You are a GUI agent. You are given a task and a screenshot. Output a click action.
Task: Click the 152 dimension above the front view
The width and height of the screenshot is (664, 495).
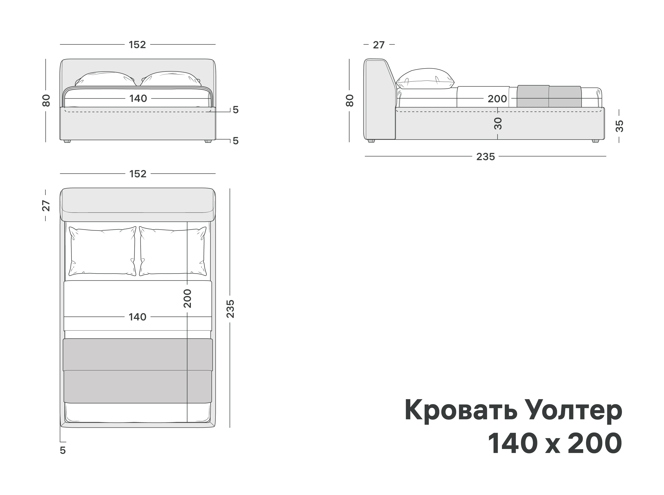[137, 45]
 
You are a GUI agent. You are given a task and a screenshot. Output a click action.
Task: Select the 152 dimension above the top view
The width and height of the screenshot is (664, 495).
[138, 174]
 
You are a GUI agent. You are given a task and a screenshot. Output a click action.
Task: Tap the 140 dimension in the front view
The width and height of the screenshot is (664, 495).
[138, 98]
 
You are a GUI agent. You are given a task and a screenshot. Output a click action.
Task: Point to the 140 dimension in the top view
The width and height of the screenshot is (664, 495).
[137, 317]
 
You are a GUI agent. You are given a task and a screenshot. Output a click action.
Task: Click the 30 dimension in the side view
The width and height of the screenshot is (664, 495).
[498, 123]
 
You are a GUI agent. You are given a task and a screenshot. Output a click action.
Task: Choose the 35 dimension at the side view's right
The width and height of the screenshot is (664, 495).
[619, 126]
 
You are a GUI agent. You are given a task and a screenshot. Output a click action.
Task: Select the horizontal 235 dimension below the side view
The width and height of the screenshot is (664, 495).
[486, 156]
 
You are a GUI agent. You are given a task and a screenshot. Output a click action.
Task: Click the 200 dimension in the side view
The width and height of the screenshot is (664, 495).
[497, 99]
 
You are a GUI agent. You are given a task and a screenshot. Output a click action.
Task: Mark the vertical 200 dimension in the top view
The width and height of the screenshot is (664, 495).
[187, 298]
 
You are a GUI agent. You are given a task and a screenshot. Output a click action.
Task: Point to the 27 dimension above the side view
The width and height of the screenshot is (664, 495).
[379, 45]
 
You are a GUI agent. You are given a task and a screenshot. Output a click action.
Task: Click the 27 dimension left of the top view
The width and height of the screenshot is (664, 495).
[46, 206]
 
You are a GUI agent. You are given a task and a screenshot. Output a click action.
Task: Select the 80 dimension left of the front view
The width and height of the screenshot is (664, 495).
[46, 100]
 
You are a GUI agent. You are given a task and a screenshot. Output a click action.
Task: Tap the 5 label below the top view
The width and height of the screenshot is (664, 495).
[63, 450]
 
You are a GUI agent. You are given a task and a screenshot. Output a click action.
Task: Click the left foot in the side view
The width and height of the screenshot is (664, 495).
[371, 141]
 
